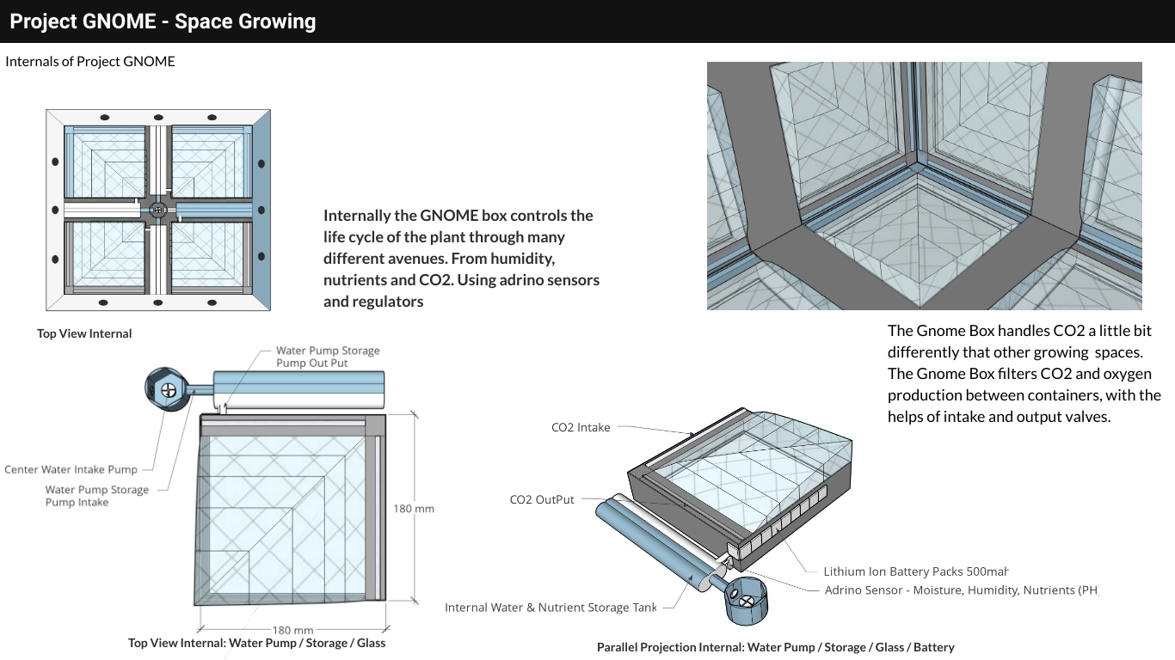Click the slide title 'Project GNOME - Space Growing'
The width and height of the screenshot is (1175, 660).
pos(163,21)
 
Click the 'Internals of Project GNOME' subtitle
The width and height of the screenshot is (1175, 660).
pos(90,62)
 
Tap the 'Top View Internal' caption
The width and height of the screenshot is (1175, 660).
pos(84,333)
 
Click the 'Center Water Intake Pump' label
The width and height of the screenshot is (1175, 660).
pos(71,470)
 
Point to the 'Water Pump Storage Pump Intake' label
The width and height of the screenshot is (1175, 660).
pos(96,496)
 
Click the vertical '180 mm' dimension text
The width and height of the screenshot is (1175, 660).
pos(414,509)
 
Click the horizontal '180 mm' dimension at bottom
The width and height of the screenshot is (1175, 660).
pos(292,631)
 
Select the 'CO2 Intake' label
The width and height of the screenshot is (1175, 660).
pos(581,428)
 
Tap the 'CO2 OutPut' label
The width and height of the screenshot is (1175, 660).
pos(542,500)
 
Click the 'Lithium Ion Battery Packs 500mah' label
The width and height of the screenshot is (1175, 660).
pos(915,571)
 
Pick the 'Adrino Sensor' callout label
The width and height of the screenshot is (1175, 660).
pos(961,590)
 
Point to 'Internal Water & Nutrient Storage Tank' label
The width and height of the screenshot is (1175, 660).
pos(550,608)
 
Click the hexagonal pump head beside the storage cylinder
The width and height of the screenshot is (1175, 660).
pos(167,388)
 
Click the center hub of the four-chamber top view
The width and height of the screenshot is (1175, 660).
pos(157,209)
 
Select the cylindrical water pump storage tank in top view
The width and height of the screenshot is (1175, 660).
pos(298,388)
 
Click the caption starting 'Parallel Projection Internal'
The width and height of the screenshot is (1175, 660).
pos(775,647)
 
